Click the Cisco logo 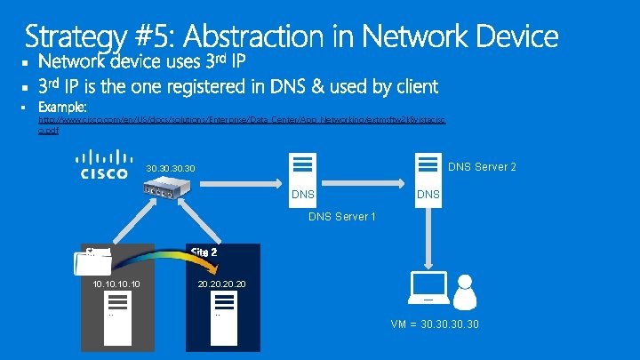coord(104,166)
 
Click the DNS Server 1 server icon coord(302,166)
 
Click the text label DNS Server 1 coord(342,216)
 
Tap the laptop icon coord(428,287)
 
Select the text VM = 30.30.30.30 coord(436,324)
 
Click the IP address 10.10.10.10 coord(116,284)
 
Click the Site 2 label coord(204,252)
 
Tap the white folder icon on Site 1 coord(97,259)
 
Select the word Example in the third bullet coord(75,107)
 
